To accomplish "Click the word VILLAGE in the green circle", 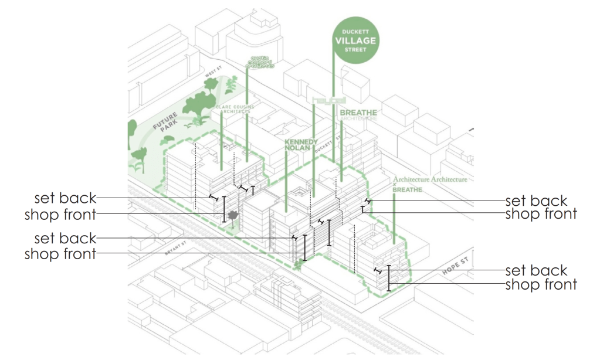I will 355,41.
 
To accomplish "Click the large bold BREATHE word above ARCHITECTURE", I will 358,112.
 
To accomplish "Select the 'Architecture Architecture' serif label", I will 430,179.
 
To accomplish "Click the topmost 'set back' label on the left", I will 65,198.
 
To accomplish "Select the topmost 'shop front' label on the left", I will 60,214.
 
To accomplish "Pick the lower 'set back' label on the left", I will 65,239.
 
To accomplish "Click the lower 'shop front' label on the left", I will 60,254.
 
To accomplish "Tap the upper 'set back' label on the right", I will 536,201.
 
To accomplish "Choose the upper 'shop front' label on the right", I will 541,214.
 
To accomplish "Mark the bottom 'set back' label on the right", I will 536,270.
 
